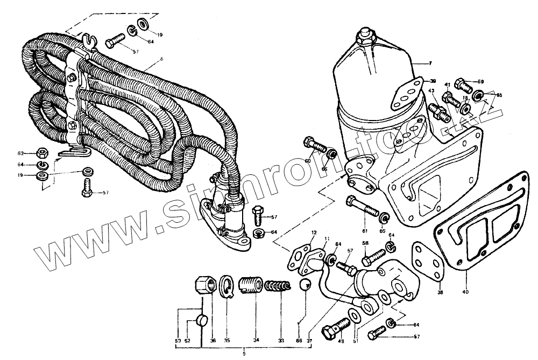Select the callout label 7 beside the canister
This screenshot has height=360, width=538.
(x=430, y=63)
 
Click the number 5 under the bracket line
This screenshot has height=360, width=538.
(x=244, y=353)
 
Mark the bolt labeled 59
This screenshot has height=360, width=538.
(x=462, y=84)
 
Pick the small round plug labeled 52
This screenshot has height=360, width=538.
(x=202, y=321)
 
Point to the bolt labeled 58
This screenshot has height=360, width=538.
(x=373, y=259)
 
